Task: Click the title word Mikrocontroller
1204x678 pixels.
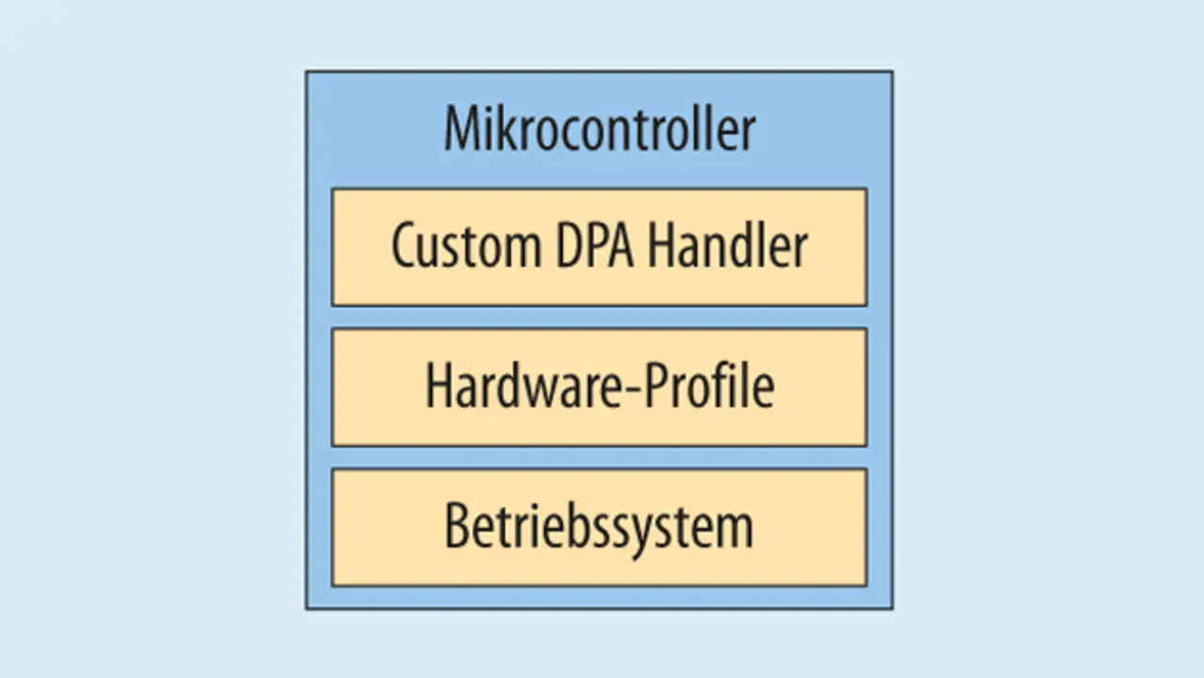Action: [599, 129]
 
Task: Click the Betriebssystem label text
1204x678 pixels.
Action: [599, 528]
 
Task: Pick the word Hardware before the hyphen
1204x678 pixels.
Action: [513, 386]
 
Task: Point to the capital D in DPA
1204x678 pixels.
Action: [558, 246]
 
